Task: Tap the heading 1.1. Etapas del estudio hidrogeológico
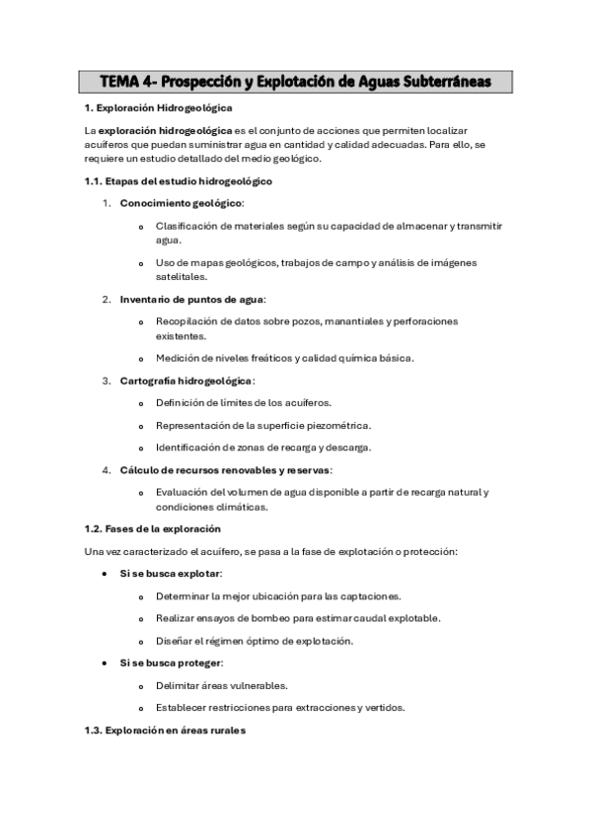[x=179, y=181]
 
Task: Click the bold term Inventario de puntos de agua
[x=191, y=299]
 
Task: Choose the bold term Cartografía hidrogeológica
[x=186, y=380]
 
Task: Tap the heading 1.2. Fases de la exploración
[x=151, y=530]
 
